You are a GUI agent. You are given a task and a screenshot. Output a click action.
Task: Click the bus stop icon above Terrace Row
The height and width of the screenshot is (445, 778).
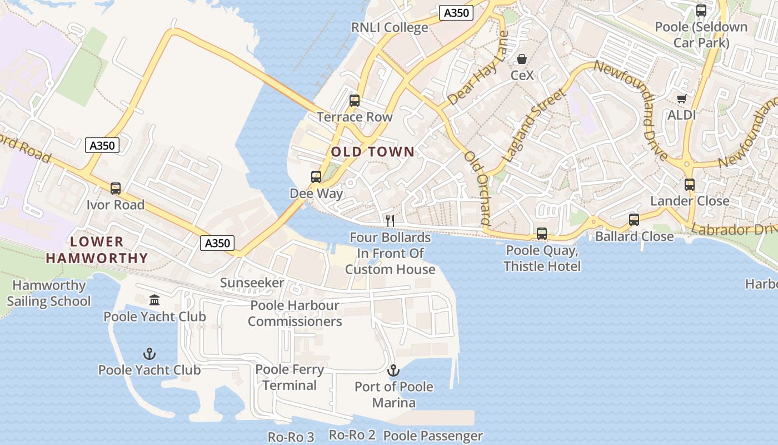[x=355, y=101]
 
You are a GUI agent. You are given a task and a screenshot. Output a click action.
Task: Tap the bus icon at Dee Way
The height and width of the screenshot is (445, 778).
[x=316, y=177]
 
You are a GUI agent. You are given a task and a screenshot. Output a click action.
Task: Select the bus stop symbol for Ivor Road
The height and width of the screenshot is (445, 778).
[x=116, y=189]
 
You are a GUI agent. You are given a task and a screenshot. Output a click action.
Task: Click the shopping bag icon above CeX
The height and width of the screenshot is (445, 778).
[x=522, y=59]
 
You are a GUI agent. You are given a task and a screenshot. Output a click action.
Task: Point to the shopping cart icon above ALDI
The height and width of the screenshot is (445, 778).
[x=682, y=99]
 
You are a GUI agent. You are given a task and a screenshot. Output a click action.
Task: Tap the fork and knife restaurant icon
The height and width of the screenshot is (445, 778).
[x=390, y=221]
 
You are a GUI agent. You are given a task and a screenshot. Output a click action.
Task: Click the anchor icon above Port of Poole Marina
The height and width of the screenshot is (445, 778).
[x=393, y=370]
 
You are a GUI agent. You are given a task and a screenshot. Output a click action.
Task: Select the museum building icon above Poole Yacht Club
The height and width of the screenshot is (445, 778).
[x=154, y=300]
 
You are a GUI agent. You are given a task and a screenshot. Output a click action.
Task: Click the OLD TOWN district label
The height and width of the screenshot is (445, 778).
[x=373, y=151]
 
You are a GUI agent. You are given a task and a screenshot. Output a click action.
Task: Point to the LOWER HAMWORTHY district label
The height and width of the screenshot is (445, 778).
[x=97, y=250]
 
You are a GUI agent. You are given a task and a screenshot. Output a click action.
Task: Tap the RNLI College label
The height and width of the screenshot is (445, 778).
[x=390, y=27]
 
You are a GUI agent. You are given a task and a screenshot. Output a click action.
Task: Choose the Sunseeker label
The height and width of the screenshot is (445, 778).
[x=252, y=283]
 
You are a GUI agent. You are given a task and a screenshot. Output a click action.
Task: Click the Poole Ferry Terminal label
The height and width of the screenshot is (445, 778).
[x=290, y=377]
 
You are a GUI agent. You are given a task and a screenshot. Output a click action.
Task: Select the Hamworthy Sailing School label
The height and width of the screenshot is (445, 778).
[x=49, y=293]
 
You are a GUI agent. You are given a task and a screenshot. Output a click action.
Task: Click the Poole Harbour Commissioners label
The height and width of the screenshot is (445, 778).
[x=295, y=313]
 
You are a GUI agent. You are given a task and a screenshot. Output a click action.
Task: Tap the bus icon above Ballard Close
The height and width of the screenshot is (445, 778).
[x=634, y=220]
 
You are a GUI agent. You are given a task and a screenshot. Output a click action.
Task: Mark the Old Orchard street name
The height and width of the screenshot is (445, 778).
[x=478, y=187]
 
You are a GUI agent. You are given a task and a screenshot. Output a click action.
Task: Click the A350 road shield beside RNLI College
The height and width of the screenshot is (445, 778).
[x=456, y=13]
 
